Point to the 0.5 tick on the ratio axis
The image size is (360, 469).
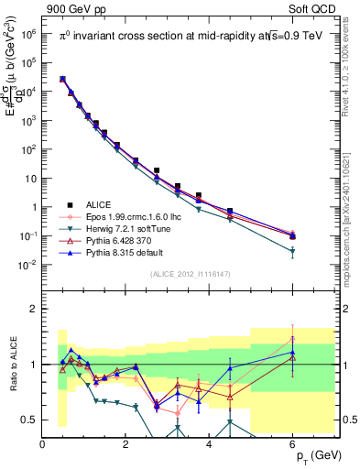tap(31, 420)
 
